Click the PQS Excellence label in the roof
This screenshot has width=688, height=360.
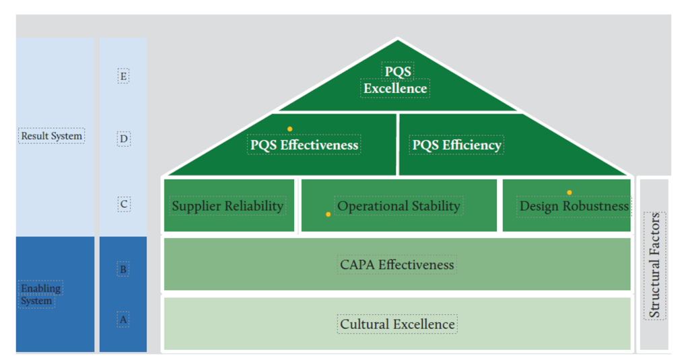pos(396,79)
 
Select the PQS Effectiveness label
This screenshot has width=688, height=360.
pos(304,145)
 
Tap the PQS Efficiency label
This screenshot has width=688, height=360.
pos(456,145)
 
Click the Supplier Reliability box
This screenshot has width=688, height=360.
pos(228,206)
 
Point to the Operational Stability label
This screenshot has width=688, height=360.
pos(399,206)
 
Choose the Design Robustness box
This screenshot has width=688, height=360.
pos(574,206)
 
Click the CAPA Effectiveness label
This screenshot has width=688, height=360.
pos(397,264)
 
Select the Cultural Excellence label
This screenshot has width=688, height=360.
pos(397,324)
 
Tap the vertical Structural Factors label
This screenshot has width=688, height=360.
pos(654,265)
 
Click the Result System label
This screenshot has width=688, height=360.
pos(52,136)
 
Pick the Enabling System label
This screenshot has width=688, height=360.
pos(41,294)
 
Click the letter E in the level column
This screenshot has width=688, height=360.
pos(123,76)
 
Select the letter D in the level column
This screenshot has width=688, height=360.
pos(123,139)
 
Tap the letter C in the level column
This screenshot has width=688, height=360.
pos(123,204)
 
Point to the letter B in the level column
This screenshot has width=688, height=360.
pos(123,269)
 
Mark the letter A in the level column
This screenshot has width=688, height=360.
pos(123,320)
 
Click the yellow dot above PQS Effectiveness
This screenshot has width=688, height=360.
pos(289,129)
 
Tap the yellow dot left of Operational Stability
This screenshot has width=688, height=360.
pos(328,214)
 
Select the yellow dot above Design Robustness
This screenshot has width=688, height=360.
pos(569,192)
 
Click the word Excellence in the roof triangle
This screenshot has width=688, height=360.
pos(395,88)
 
